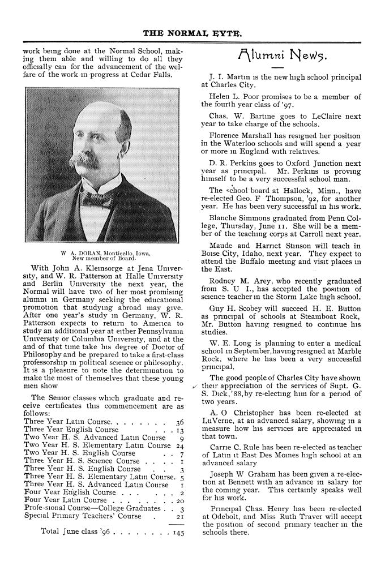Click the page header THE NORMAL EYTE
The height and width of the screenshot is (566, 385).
click(x=192, y=33)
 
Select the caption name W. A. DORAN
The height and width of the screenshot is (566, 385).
click(x=81, y=253)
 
